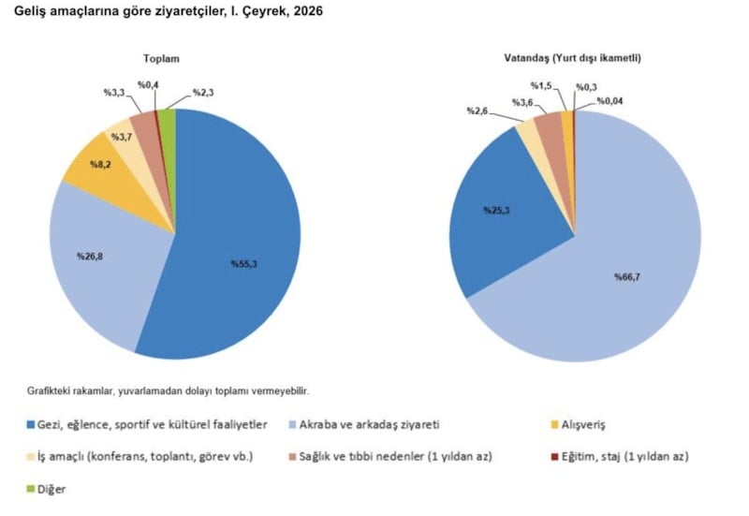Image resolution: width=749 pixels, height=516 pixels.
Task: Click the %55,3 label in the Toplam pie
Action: click(x=243, y=265)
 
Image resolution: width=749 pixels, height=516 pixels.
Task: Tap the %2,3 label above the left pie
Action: click(x=205, y=92)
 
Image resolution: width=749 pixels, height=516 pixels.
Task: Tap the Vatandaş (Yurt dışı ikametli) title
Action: click(x=573, y=58)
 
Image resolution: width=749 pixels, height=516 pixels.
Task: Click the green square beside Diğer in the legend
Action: click(x=32, y=488)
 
